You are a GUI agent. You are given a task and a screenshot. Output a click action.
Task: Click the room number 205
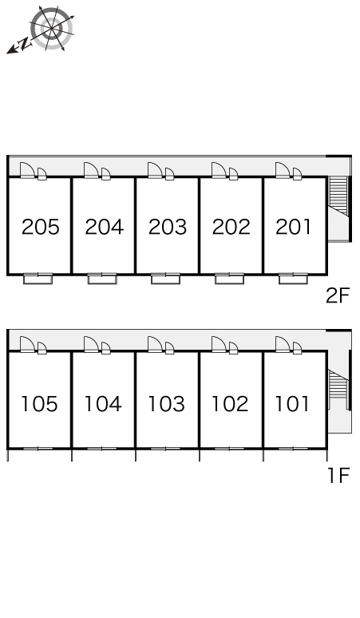coord(41,227)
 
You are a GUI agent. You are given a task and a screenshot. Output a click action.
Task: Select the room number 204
coord(105,227)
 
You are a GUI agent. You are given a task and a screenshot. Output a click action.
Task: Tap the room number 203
coord(168,227)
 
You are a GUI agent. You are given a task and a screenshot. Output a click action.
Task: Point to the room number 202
coord(231,227)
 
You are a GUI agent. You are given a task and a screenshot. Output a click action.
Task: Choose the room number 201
coord(294,227)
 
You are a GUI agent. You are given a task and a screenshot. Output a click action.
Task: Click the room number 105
coord(39,404)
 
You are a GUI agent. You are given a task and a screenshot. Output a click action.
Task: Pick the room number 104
coord(103,404)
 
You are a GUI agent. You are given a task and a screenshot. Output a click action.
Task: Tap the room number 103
coord(167,404)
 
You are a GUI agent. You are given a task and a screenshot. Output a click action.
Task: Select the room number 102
coord(231,404)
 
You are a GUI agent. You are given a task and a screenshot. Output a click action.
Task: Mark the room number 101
coord(293,404)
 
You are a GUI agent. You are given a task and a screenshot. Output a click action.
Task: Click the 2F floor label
coord(338,295)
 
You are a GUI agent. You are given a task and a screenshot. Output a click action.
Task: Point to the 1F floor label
coord(338,475)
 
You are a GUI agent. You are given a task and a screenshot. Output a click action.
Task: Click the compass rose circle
coord(53,28)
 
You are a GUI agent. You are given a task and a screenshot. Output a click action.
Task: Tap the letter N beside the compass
coord(26,44)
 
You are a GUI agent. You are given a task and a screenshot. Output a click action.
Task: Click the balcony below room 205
coord(38,279)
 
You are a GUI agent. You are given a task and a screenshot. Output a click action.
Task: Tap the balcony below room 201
coord(293,279)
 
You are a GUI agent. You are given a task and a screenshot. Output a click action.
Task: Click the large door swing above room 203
coord(155,170)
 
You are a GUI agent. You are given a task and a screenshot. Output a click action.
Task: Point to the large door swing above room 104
coord(91,344)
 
